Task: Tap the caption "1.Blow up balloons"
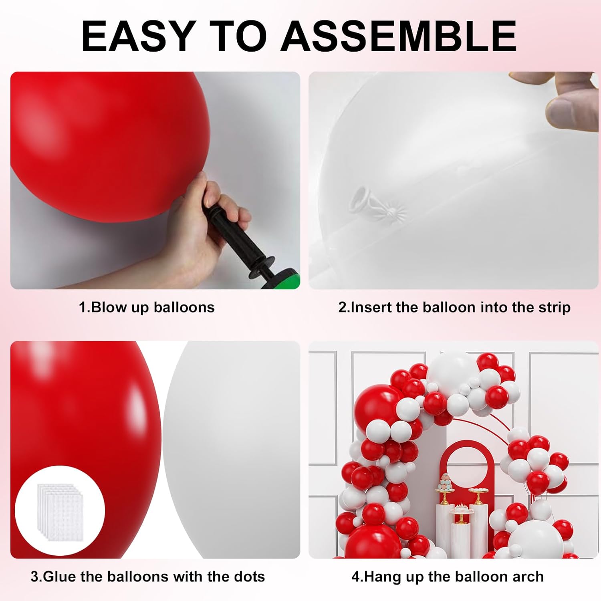[x=147, y=307]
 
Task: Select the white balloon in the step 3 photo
[x=232, y=449]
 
